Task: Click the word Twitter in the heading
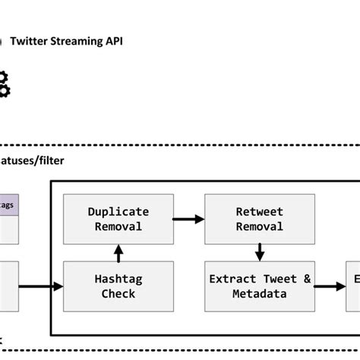(27, 41)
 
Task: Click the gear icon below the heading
(4, 83)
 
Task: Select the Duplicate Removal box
(118, 219)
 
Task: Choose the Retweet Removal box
(259, 219)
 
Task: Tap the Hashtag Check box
(118, 286)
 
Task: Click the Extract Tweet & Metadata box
(259, 286)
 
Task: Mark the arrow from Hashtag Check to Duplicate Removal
(118, 252)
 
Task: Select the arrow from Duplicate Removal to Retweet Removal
(188, 219)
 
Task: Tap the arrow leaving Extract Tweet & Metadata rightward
(329, 287)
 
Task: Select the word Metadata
(259, 294)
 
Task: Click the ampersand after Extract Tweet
(307, 279)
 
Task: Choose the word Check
(118, 294)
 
